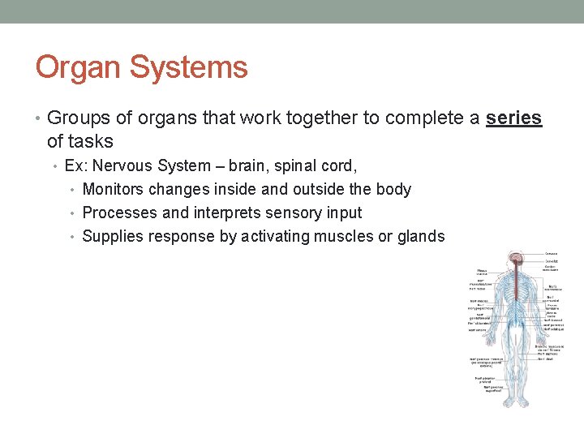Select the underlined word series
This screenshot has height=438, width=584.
coord(513,118)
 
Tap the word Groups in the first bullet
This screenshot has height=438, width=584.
coord(79,118)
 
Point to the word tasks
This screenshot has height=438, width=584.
coord(91,141)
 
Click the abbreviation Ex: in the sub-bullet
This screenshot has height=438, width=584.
coord(76,165)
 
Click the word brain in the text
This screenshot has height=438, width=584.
coord(248,165)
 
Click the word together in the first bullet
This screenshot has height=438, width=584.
coord(325,118)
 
